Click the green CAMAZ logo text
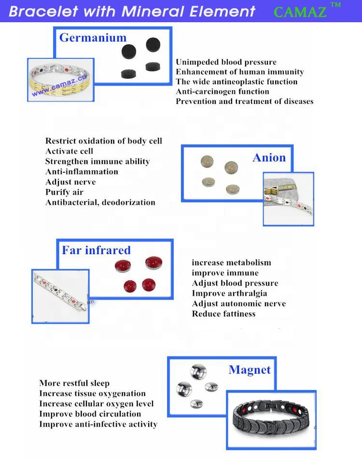point(300,12)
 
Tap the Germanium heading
point(93,38)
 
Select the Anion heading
point(269,158)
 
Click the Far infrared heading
point(96,250)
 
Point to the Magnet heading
point(250,370)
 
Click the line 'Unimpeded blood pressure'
point(226,62)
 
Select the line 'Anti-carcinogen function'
point(223,91)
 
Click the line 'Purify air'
point(64,192)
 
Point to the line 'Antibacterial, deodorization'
point(100,202)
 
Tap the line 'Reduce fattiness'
point(223,314)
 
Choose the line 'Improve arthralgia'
point(229,293)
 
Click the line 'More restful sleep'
point(74,383)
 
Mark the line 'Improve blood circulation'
point(90,414)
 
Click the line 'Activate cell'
point(69,151)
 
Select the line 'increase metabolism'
point(231,263)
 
